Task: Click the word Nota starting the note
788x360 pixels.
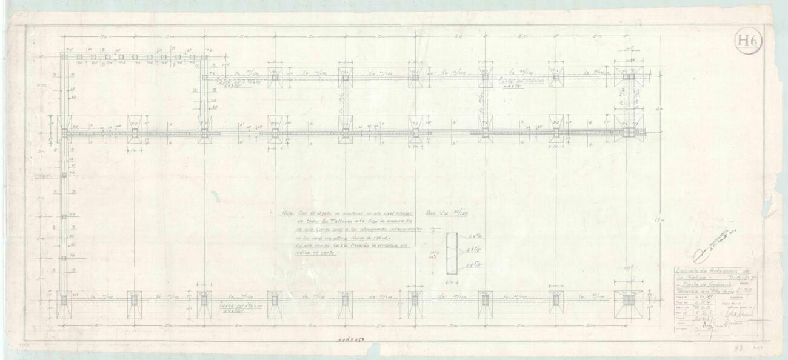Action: click(x=287, y=213)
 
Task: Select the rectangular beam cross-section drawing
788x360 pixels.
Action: click(x=452, y=254)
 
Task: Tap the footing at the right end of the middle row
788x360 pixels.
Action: click(x=629, y=132)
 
